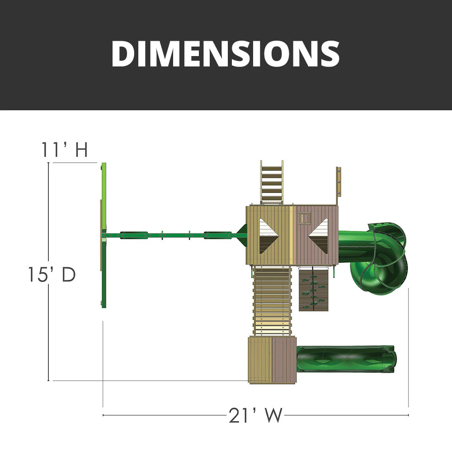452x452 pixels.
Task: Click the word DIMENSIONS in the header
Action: [x=226, y=54]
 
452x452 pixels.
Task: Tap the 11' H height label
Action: [x=65, y=150]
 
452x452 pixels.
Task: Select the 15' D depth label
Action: [x=50, y=274]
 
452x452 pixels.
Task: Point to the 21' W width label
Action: [x=255, y=415]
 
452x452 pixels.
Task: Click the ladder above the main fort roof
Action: [x=272, y=184]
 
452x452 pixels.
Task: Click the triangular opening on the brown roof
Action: [x=320, y=235]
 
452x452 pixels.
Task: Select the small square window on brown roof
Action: [x=304, y=219]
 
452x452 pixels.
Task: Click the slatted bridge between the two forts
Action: [x=273, y=301]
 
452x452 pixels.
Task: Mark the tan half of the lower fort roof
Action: [x=260, y=360]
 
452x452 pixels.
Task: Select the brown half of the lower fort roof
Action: [x=284, y=360]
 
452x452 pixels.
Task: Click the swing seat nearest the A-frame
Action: [x=133, y=234]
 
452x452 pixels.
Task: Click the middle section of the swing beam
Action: [x=174, y=235]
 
